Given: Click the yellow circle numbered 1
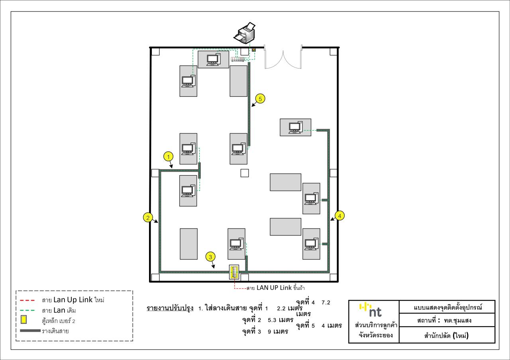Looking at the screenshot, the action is click(168, 157).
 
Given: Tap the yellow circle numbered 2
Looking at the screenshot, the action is click(148, 217).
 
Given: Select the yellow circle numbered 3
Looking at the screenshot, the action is click(210, 257).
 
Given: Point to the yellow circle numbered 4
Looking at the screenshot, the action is click(339, 216).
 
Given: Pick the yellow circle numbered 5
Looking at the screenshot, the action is click(260, 99).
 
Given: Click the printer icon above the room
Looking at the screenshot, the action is click(245, 33).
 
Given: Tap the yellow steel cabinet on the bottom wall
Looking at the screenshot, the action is click(234, 272).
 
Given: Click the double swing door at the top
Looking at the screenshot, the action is click(283, 57).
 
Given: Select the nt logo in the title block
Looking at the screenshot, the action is click(370, 310).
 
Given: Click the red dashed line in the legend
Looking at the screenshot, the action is click(27, 300).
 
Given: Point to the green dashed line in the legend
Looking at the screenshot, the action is click(27, 310).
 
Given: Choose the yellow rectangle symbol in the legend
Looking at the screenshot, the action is click(24, 319).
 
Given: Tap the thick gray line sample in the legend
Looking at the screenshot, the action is click(30, 331).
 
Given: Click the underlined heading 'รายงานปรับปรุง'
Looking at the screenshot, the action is click(170, 308).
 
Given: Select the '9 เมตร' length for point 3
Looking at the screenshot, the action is click(278, 332).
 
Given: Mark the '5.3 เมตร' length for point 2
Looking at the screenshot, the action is click(280, 320).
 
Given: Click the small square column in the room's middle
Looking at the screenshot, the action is click(245, 173).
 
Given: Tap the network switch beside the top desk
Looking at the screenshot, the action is click(238, 59).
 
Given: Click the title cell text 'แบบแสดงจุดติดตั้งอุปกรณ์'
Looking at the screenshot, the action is click(448, 307).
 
